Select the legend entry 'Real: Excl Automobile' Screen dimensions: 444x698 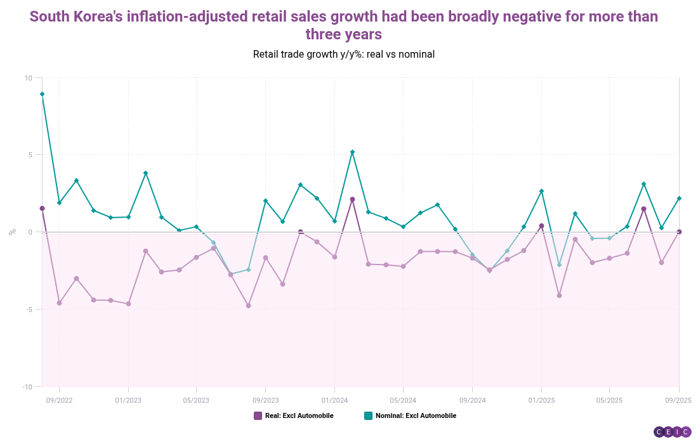[x=293, y=416]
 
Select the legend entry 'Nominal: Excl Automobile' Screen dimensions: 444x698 [x=410, y=416]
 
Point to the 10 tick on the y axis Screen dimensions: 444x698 [x=29, y=78]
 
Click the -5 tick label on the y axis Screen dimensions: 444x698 [x=29, y=310]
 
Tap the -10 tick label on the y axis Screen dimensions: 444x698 [x=27, y=387]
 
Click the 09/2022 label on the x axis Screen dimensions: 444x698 [x=59, y=400]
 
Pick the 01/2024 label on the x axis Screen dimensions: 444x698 [x=334, y=400]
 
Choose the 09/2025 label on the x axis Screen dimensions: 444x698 [x=678, y=400]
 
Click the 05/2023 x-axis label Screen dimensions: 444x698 [x=196, y=400]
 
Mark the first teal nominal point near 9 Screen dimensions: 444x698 [x=42, y=94]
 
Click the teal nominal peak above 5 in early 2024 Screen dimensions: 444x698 [x=352, y=152]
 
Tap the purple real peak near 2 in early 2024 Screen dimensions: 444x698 [x=352, y=199]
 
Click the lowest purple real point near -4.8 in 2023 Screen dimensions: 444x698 [x=248, y=306]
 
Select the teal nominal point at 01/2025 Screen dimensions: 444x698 [x=541, y=191]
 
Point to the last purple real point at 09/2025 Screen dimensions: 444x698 [x=679, y=232]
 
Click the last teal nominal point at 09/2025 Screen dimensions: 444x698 [x=679, y=199]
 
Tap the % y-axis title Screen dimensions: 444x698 [x=12, y=232]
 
